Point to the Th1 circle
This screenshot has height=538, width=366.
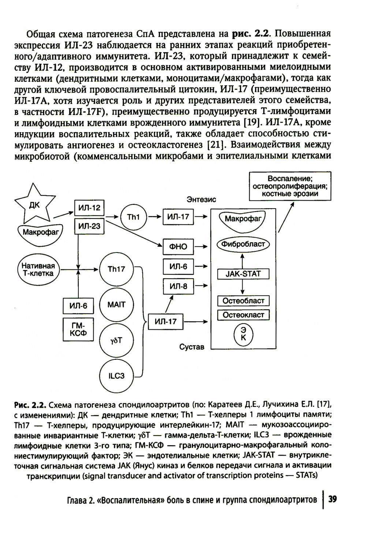click(x=133, y=217)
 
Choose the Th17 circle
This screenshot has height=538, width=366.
click(x=116, y=269)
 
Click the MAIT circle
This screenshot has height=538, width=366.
click(x=116, y=305)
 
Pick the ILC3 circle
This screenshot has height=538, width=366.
click(x=116, y=376)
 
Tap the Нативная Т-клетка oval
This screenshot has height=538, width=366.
click(x=38, y=270)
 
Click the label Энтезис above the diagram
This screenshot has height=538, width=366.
click(x=201, y=199)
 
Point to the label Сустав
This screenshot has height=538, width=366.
click(x=192, y=347)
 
